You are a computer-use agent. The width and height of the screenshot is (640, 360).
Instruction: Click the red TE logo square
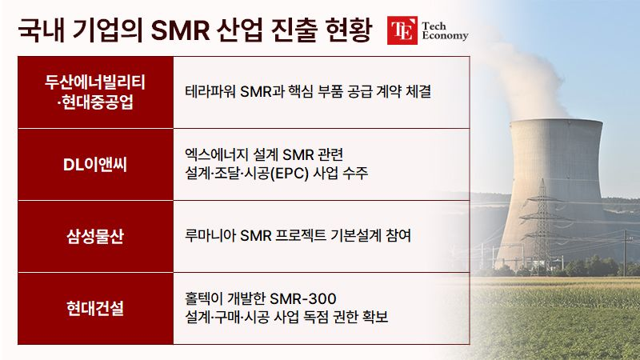point(402,30)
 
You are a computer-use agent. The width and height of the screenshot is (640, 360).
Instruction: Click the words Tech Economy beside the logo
point(445,31)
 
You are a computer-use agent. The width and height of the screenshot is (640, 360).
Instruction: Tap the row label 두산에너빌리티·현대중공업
point(95,92)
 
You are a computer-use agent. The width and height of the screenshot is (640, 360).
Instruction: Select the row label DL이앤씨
point(95,165)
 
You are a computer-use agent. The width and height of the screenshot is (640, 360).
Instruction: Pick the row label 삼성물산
point(95,236)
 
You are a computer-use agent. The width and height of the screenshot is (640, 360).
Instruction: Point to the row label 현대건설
point(95,308)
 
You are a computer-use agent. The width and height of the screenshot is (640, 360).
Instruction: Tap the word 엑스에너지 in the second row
point(216,154)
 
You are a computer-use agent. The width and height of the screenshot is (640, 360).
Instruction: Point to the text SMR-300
point(303,298)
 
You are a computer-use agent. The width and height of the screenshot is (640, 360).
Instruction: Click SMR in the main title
point(180,30)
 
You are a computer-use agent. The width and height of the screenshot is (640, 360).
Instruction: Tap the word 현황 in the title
point(349,30)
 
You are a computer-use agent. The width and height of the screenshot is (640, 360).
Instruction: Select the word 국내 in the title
point(42,30)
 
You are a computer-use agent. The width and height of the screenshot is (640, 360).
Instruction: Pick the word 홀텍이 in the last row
point(204,298)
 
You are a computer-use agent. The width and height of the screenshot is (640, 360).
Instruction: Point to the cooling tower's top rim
point(557,122)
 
